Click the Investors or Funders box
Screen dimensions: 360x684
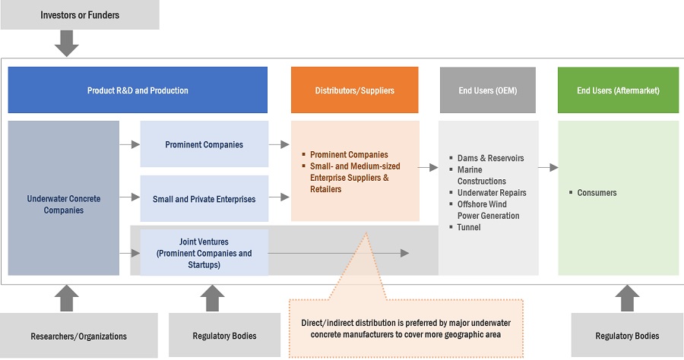(79, 15)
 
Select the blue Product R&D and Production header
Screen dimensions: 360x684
(138, 90)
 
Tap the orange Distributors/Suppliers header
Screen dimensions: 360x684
(354, 90)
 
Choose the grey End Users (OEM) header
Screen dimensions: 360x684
(487, 90)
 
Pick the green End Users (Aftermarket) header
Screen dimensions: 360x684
(618, 90)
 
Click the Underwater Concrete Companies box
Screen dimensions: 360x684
(64, 204)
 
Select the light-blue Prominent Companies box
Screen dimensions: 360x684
(204, 144)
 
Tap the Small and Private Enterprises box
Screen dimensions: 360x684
(204, 199)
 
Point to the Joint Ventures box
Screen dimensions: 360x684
(204, 253)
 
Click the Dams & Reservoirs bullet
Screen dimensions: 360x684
(490, 159)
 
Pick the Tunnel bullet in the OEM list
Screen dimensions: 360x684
(468, 227)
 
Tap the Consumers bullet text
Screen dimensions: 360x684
(597, 193)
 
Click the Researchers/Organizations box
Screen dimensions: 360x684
(79, 336)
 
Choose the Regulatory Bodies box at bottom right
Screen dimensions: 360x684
(627, 336)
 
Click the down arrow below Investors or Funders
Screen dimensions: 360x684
(67, 43)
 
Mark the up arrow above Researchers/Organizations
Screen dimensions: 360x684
(67, 298)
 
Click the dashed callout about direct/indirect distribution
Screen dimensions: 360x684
(407, 327)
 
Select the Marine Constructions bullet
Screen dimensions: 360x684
(481, 175)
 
